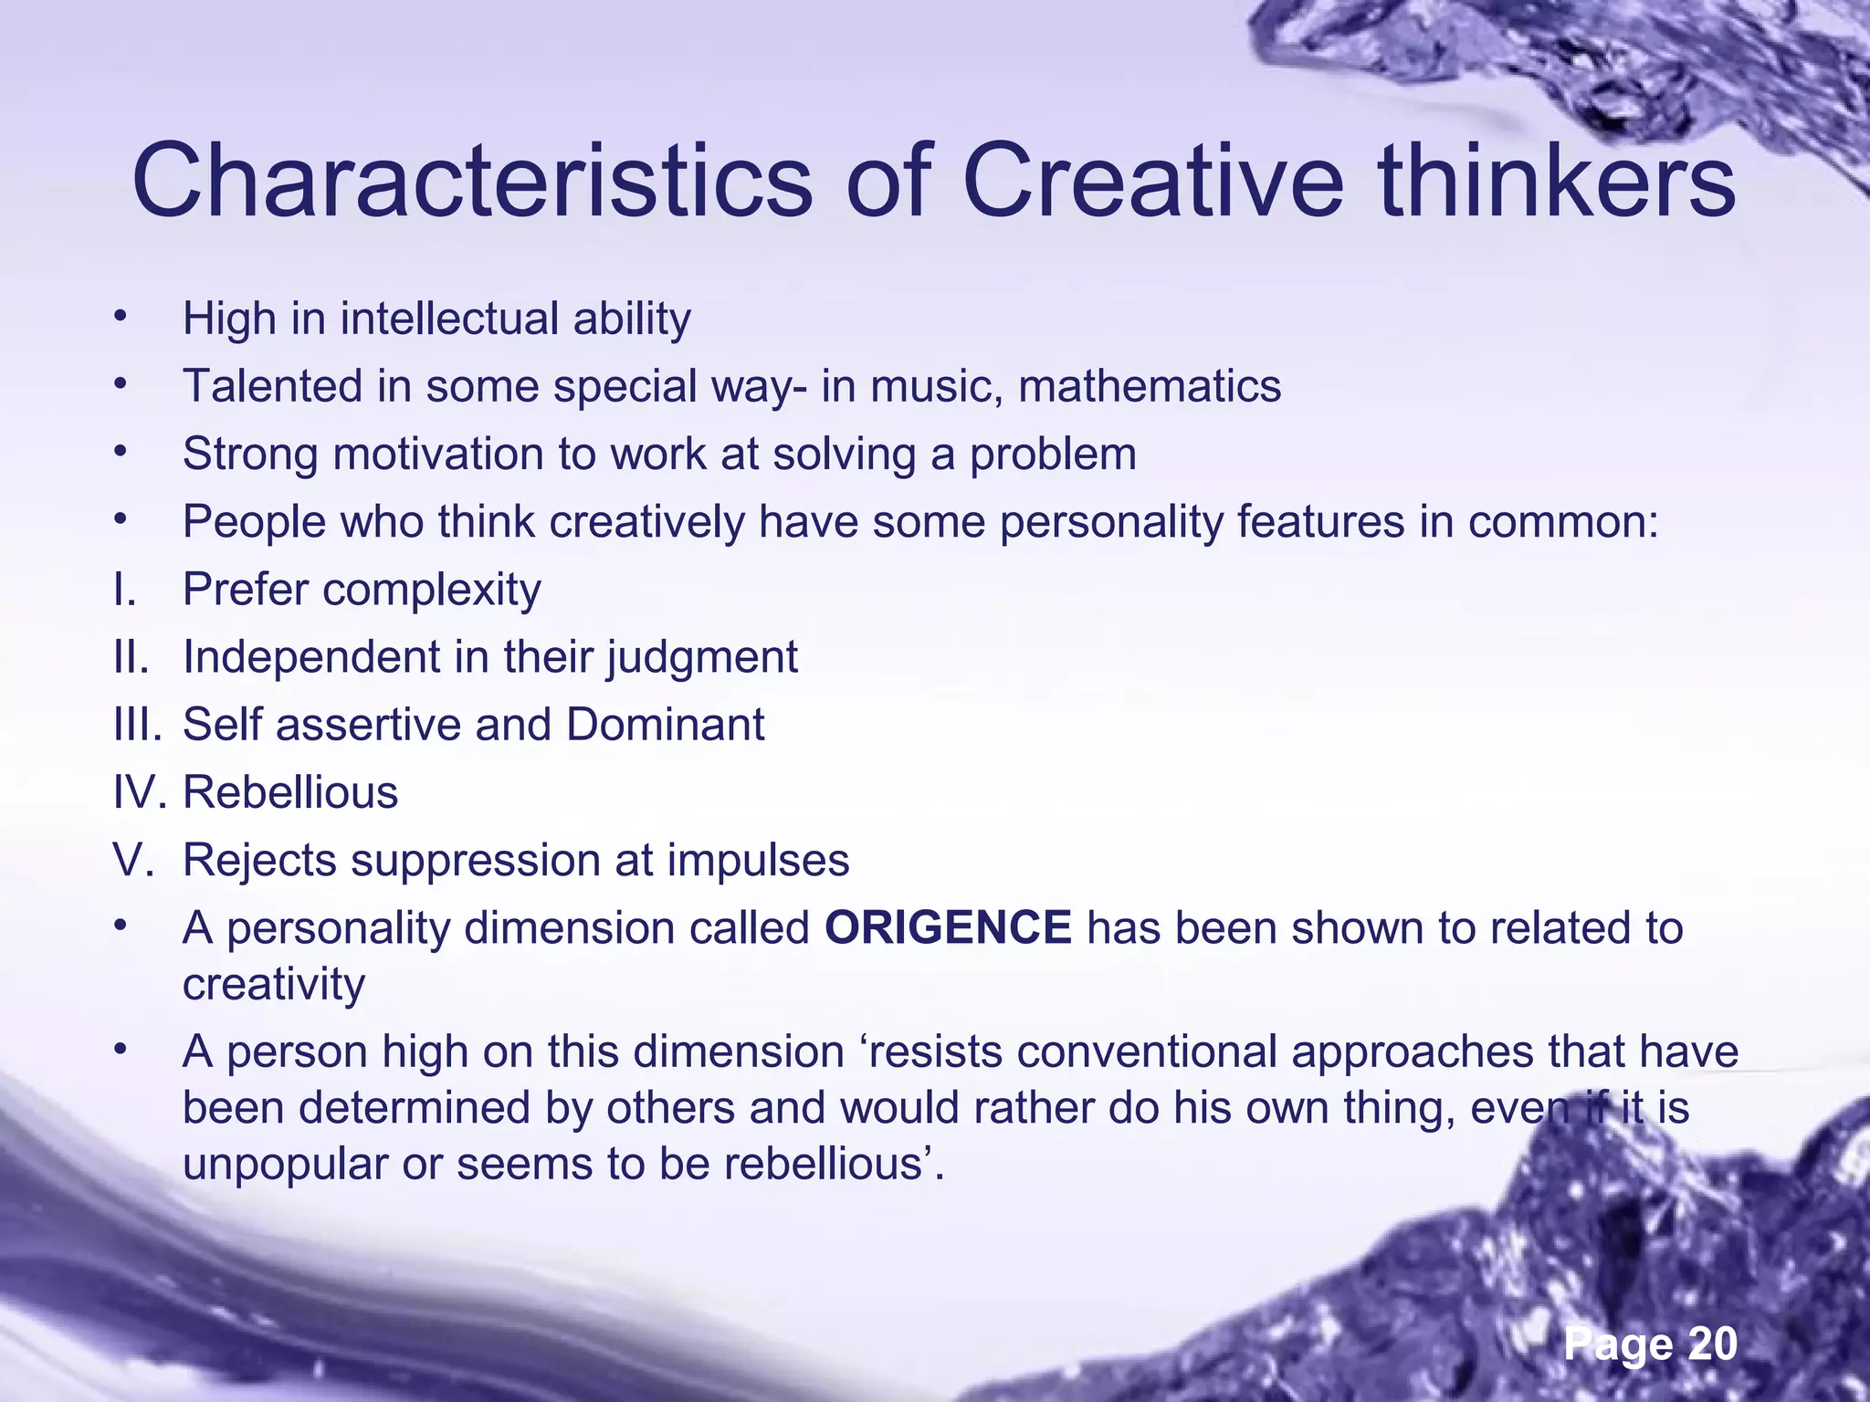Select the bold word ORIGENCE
click(948, 928)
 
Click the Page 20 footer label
click(1650, 1344)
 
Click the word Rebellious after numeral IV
click(290, 792)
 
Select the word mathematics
click(1150, 386)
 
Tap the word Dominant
click(665, 725)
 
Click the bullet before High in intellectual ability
click(119, 317)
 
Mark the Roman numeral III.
click(137, 725)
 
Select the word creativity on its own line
click(274, 985)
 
